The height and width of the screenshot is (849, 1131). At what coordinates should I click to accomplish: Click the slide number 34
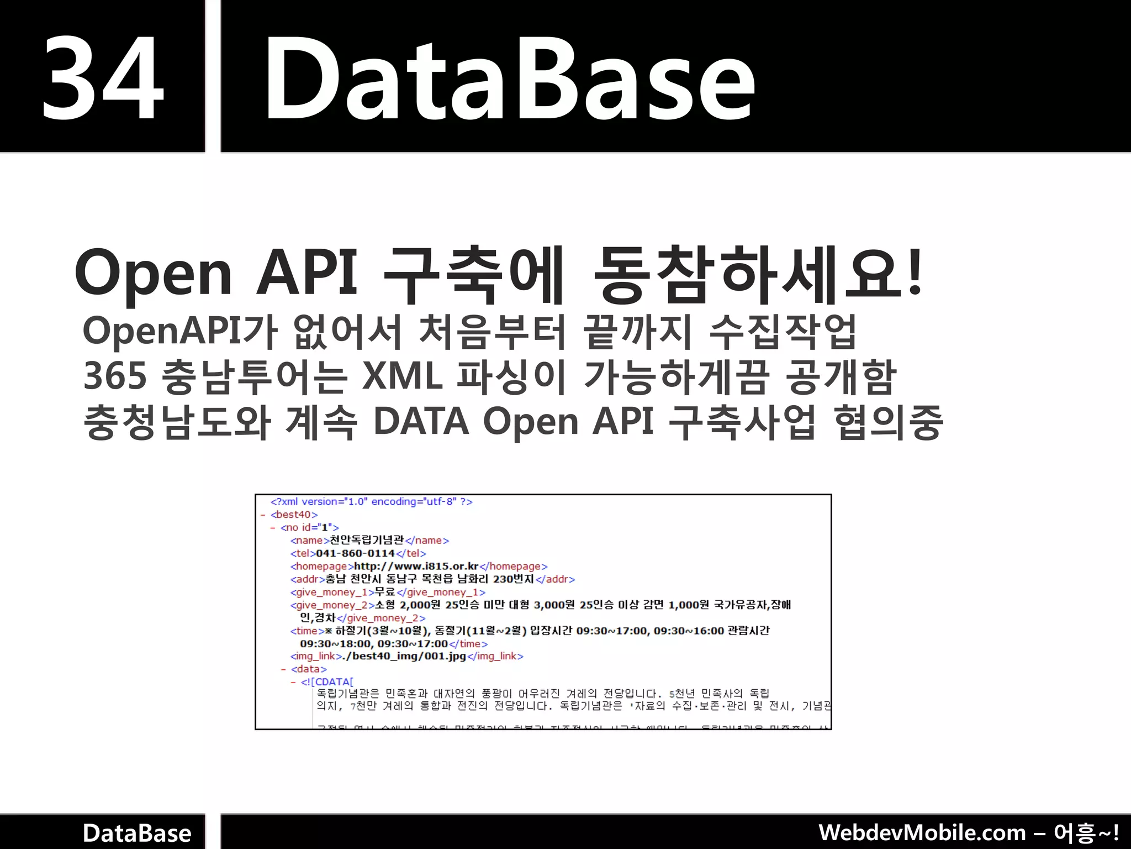[103, 77]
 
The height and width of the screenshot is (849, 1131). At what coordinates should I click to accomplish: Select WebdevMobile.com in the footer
[922, 832]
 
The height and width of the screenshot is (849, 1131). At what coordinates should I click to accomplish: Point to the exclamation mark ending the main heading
[914, 273]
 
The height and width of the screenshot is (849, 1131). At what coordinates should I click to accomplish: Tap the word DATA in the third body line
[421, 422]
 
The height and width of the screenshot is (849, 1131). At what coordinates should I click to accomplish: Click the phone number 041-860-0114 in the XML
[355, 553]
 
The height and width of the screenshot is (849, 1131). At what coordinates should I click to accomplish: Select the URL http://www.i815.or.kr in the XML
[416, 566]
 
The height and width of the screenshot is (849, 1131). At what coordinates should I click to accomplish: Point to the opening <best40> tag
[294, 515]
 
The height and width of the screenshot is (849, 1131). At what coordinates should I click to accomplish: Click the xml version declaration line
[371, 502]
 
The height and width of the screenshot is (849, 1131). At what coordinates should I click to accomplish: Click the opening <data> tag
[309, 669]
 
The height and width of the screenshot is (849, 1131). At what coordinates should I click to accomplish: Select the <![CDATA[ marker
[327, 682]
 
